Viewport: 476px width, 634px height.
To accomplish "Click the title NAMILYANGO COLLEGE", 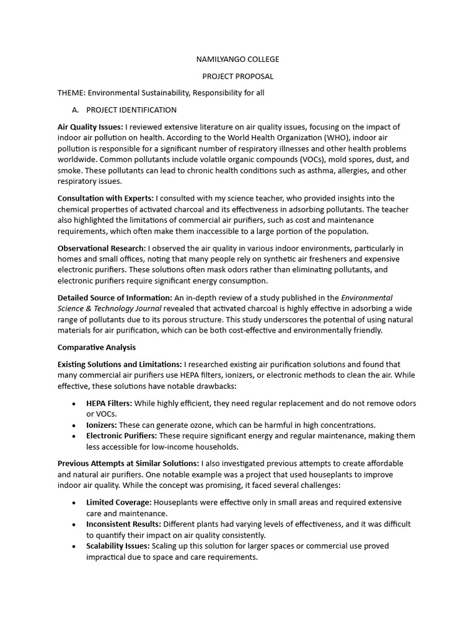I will pos(238,59).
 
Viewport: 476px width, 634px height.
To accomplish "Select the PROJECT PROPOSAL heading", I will pos(238,76).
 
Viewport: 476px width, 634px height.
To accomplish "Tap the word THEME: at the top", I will pos(71,93).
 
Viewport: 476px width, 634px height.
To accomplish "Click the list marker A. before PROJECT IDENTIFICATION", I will pos(76,110).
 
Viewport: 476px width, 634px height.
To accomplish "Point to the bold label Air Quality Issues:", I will pos(90,127).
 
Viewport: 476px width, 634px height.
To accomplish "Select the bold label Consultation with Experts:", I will pos(105,198).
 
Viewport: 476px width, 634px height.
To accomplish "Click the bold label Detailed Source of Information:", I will pos(115,298).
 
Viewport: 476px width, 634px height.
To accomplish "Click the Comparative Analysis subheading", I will pos(96,347).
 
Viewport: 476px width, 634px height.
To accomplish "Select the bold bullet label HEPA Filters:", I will pos(109,403).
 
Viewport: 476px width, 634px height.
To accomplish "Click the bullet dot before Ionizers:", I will pos(74,425).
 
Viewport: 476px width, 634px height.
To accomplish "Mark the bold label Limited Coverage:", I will pos(119,502).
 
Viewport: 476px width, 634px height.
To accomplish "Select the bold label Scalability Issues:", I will pos(118,546).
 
